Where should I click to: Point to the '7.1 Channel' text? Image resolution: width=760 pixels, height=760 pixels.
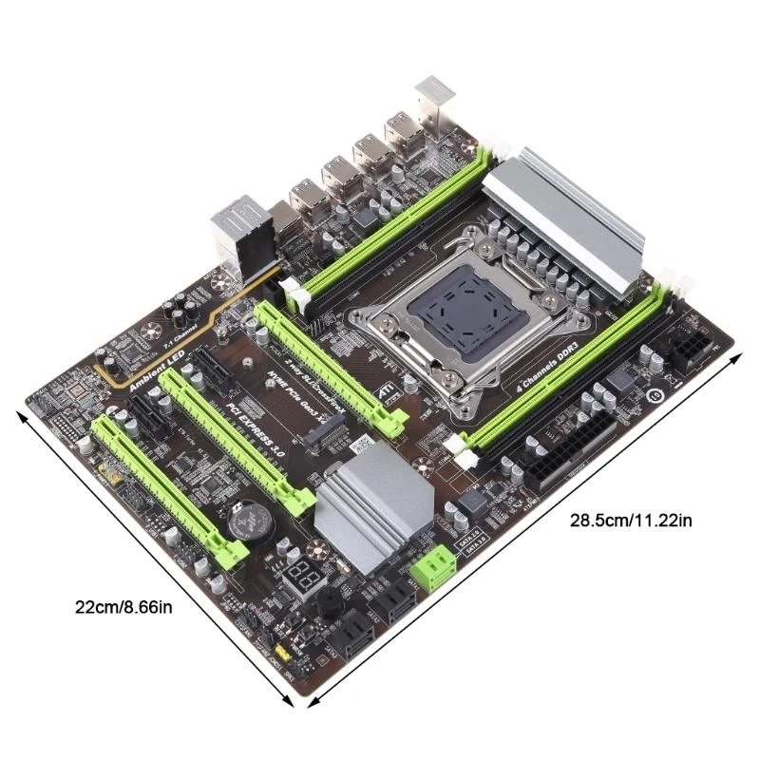coord(155,337)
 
